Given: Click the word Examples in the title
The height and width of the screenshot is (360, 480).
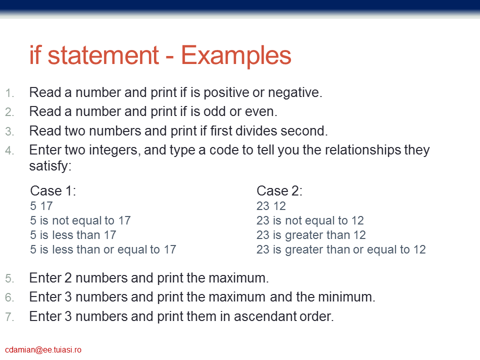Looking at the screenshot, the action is [x=236, y=56].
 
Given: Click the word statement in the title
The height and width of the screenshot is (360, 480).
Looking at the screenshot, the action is [x=103, y=55].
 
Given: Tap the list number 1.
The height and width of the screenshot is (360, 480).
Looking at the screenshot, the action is [x=9, y=93].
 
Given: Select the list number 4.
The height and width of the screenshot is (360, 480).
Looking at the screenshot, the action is [x=9, y=150].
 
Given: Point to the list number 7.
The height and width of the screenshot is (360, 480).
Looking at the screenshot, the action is [x=9, y=317].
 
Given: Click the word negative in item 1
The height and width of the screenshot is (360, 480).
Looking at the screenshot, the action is [x=293, y=93].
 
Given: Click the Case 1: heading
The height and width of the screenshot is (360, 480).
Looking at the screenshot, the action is [x=53, y=190].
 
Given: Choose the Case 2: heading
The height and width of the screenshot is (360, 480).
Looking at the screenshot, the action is [x=279, y=190].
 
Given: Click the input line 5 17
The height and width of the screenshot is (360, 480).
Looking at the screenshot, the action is [x=41, y=206].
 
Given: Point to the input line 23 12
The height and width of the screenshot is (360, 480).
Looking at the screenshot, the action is [x=271, y=206].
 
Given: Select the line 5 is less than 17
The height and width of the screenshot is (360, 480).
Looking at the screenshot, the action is [x=73, y=235].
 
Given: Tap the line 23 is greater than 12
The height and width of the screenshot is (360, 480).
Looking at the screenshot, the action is [x=311, y=235].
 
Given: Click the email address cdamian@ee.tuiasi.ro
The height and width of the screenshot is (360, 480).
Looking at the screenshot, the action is [x=43, y=350].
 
